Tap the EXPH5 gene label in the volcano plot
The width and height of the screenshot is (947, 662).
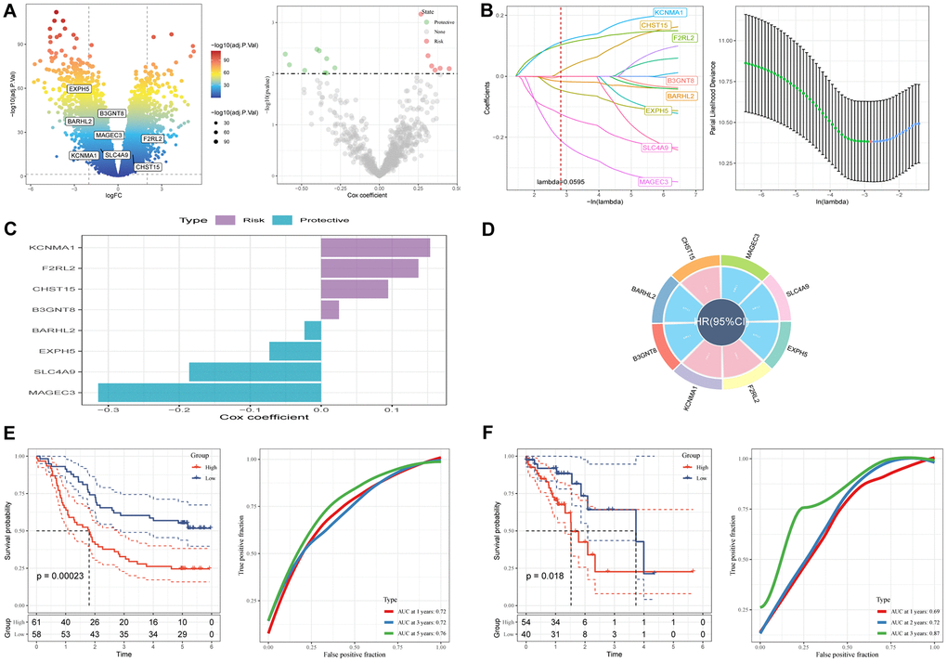(79, 89)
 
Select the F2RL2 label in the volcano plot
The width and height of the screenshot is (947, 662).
(153, 138)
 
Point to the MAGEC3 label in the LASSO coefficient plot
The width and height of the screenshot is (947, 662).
(655, 183)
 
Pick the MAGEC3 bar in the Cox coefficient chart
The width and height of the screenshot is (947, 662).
(209, 393)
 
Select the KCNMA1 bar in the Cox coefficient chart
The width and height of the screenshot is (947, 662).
(375, 248)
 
